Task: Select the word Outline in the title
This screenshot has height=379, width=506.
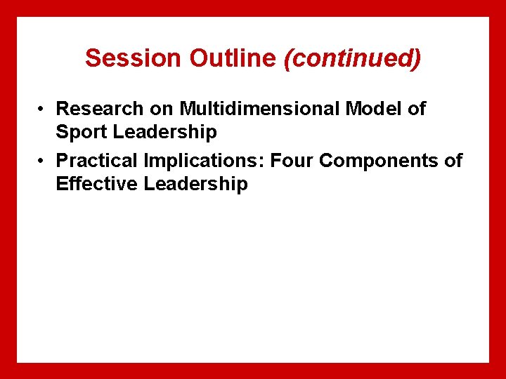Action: [x=233, y=58]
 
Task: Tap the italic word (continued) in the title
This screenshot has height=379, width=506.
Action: [x=352, y=58]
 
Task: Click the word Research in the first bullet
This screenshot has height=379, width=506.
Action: [x=100, y=109]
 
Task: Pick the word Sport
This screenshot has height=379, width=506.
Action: [x=79, y=132]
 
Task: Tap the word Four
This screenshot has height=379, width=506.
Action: [x=292, y=161]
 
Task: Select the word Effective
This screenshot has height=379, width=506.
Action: [x=97, y=184]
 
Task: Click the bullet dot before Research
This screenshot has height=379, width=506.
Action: [x=43, y=109]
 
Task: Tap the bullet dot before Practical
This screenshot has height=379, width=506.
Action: [x=43, y=161]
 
